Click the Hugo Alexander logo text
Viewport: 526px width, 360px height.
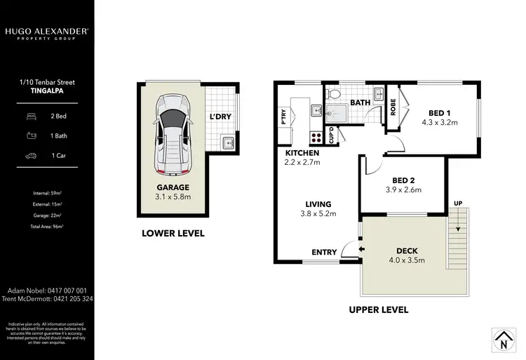(46, 32)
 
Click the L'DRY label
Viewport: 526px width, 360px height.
(221, 117)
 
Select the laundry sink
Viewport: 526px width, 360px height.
(227, 145)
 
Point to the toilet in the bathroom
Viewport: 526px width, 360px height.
(335, 93)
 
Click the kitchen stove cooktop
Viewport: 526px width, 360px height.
(315, 138)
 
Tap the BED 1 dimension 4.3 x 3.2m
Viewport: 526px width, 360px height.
(439, 122)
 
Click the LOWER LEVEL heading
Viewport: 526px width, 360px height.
(173, 233)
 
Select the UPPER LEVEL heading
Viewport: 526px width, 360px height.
(378, 309)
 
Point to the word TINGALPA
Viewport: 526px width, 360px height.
(47, 91)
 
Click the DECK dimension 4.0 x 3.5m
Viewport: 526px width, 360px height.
(407, 260)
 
